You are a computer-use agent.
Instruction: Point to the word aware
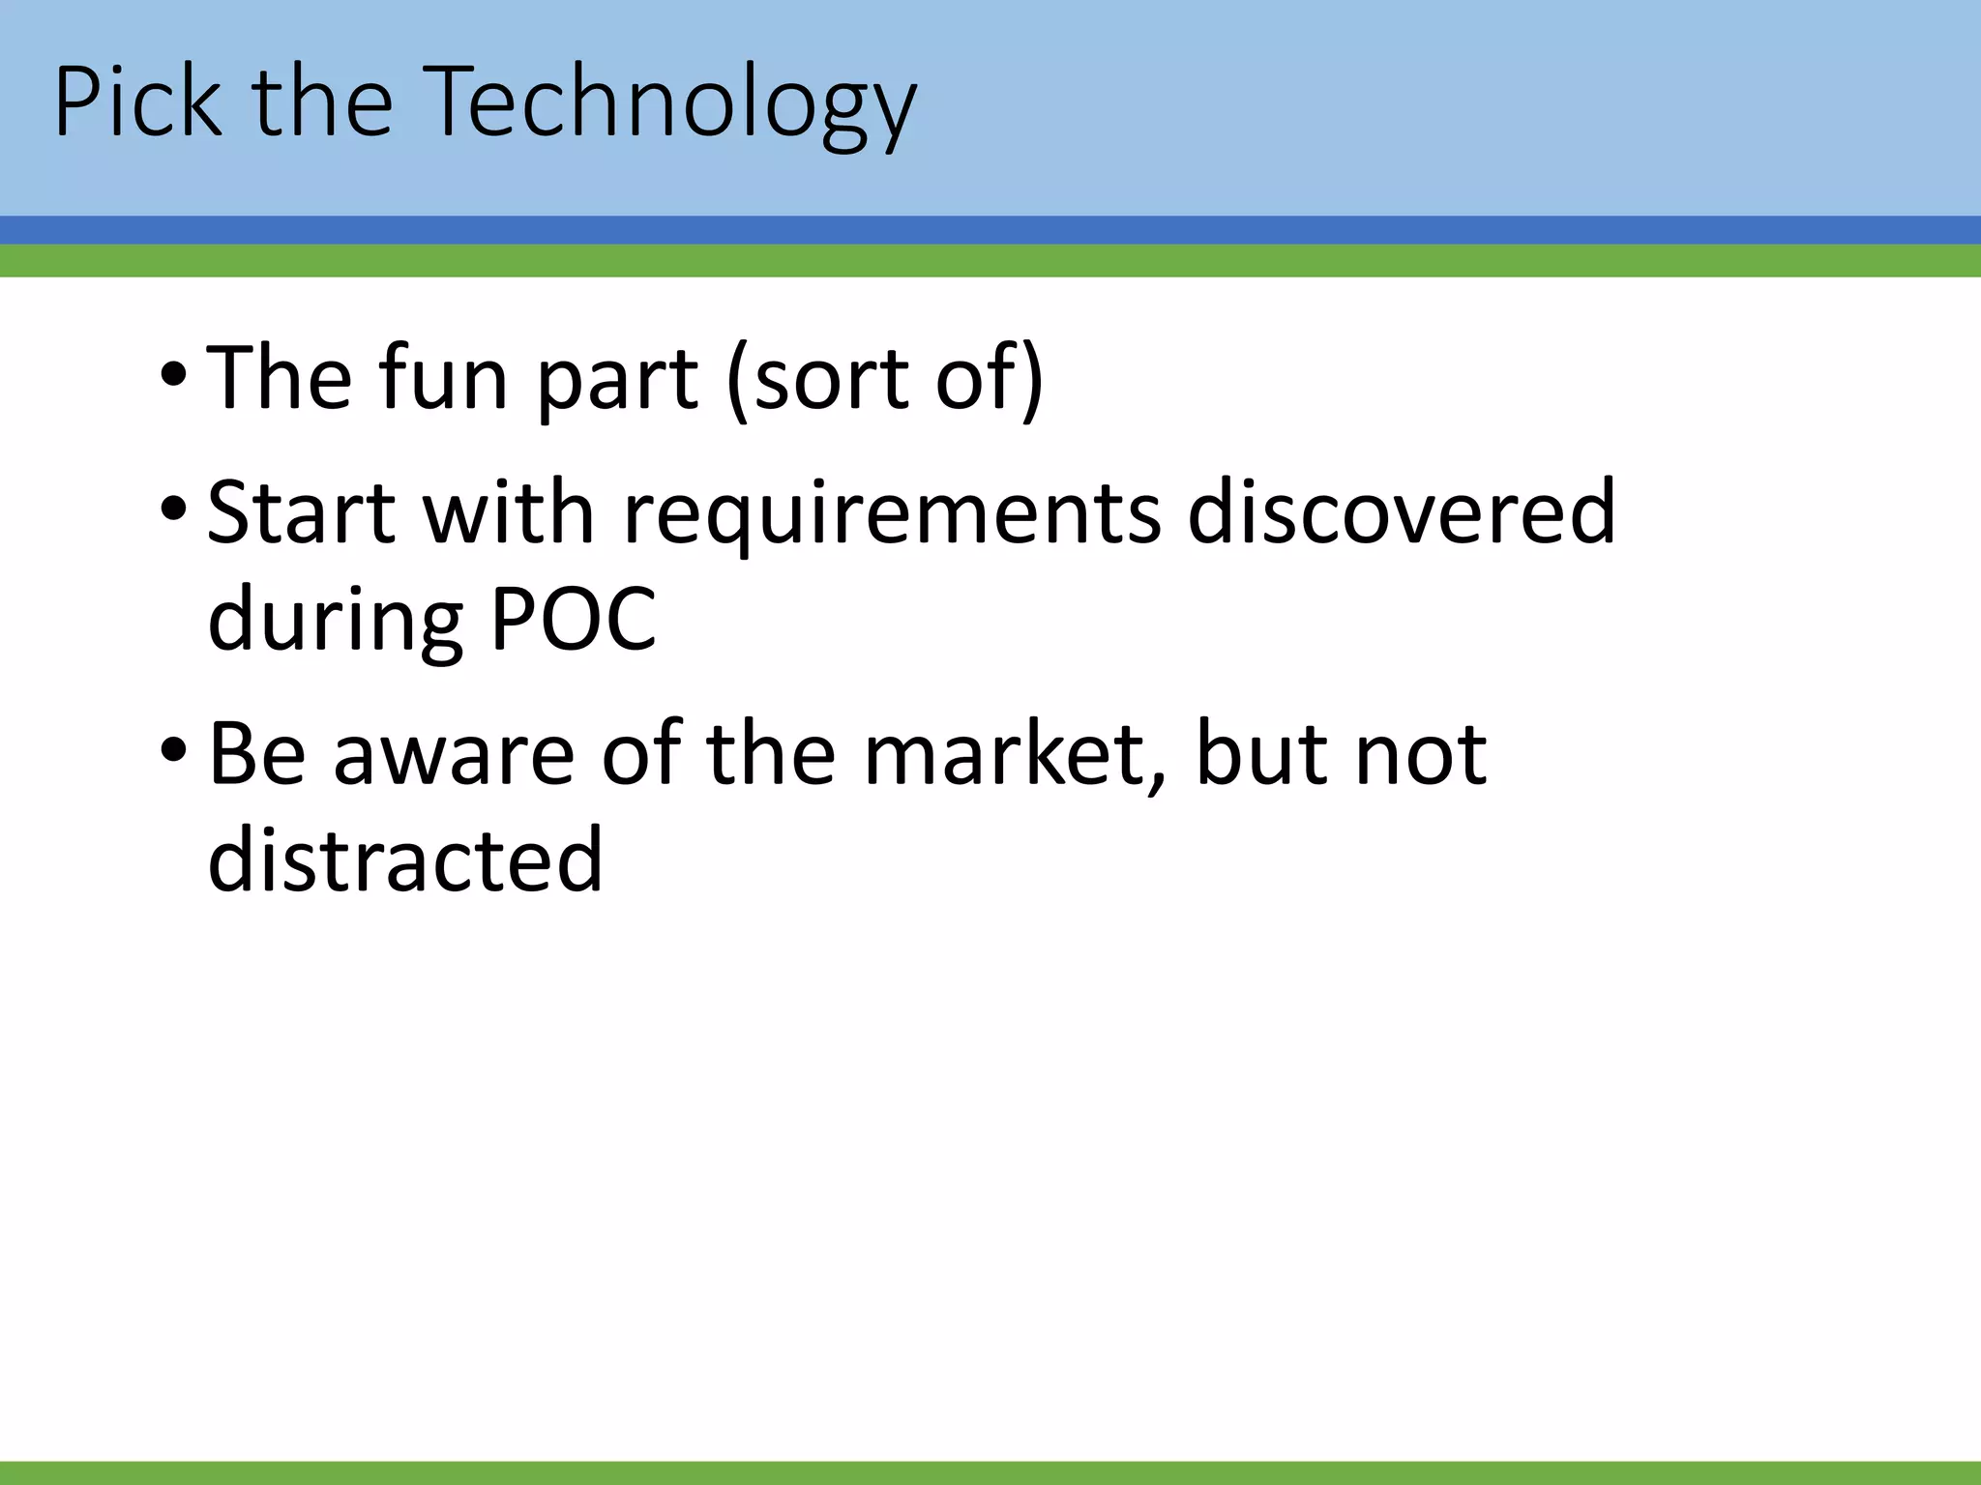click(x=454, y=753)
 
